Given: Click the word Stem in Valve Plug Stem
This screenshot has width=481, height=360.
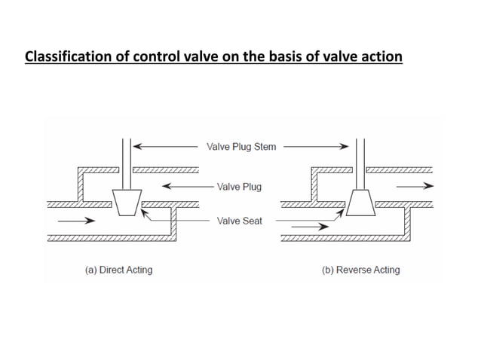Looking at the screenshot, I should [263, 147].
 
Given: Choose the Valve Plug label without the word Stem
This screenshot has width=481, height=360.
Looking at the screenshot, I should [239, 186].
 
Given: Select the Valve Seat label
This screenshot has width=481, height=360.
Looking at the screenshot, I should [239, 221].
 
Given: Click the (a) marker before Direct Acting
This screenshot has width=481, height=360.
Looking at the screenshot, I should [89, 270].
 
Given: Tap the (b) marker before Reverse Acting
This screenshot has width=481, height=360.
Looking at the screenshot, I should [327, 270].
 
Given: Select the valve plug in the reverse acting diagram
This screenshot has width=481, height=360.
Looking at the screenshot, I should [361, 202].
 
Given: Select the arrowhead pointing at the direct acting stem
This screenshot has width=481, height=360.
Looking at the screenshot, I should [139, 147].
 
